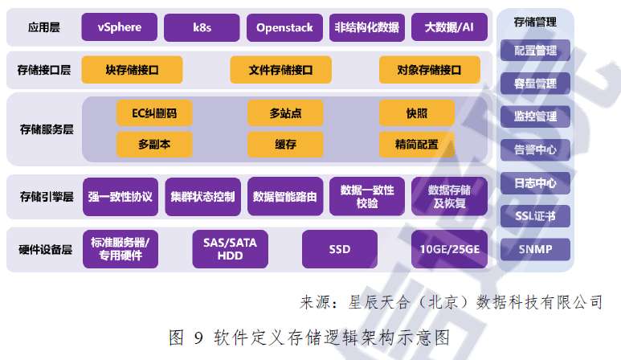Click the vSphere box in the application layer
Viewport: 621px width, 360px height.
pos(119,27)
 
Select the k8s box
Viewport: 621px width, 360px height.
pos(202,27)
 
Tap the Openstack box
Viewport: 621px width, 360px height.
pos(284,27)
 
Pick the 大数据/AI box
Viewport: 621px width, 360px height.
pos(449,27)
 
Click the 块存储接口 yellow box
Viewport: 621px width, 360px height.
pos(132,70)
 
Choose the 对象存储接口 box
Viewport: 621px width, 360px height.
pos(429,70)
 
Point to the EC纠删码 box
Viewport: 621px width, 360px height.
pos(154,112)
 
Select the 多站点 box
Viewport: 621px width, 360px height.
pos(285,112)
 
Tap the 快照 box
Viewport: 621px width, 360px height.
pos(417,112)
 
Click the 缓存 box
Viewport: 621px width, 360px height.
pos(285,144)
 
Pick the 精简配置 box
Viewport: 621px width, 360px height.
pos(417,144)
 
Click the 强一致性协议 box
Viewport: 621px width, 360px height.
pos(121,196)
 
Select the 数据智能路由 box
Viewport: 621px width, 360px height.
pos(285,196)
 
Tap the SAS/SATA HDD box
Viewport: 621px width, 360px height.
pos(230,249)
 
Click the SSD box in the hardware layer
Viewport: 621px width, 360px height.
pos(340,249)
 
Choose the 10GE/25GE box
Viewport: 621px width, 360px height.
pos(450,249)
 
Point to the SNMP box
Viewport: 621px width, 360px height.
pos(535,249)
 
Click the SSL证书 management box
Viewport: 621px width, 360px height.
pos(535,216)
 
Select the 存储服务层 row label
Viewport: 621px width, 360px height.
pos(47,129)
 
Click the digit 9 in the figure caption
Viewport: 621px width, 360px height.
pos(198,337)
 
